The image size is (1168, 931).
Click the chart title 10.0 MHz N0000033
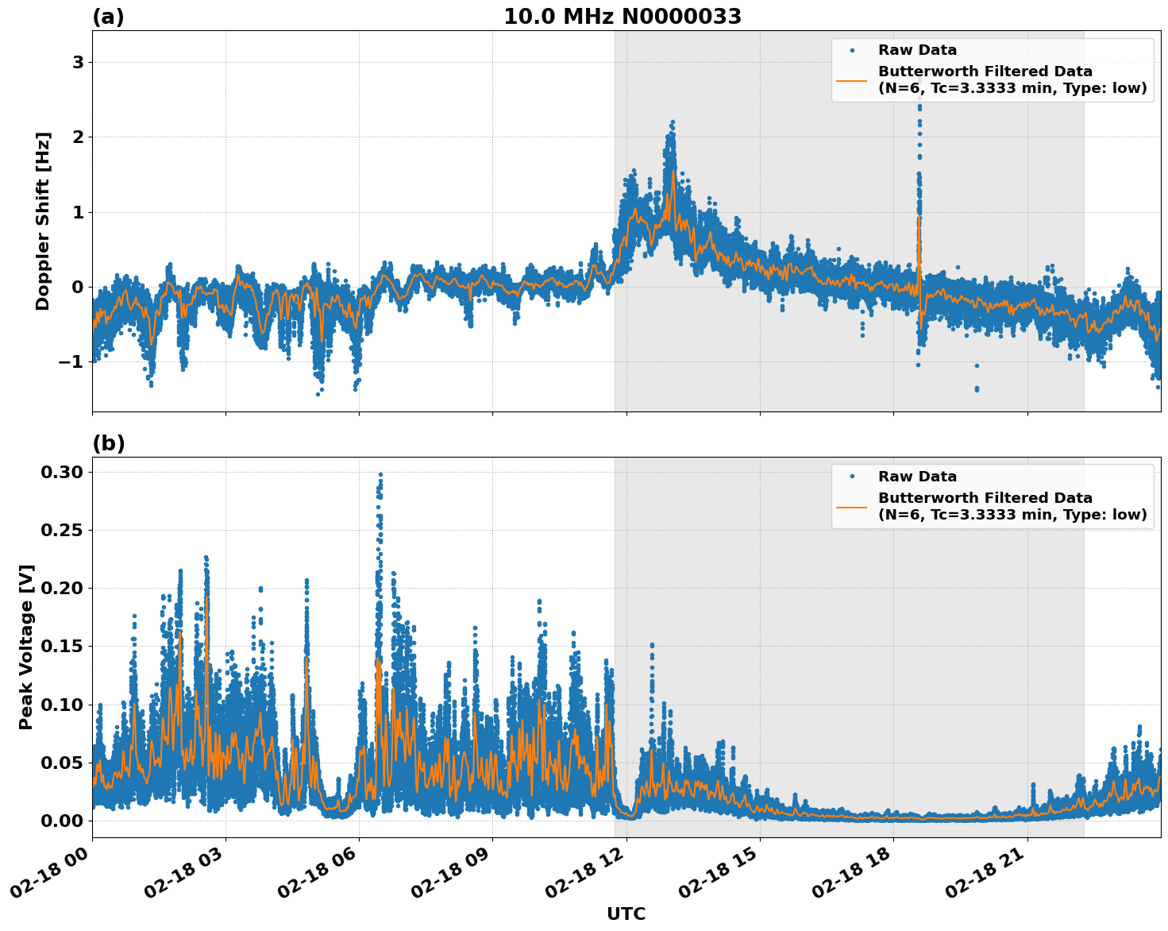tap(622, 17)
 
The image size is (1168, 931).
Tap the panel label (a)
tap(108, 17)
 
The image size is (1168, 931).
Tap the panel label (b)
tap(108, 443)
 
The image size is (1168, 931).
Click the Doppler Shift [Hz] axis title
tap(43, 221)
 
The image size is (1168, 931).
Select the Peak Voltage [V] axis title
tap(26, 647)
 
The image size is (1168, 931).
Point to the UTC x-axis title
tap(626, 914)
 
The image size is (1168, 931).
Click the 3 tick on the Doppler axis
tap(78, 63)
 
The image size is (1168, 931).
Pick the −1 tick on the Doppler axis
tap(72, 362)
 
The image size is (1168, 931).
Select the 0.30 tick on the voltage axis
tap(61, 473)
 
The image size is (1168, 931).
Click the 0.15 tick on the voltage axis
tap(61, 647)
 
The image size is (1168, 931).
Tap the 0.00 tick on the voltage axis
tap(61, 821)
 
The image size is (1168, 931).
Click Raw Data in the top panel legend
tap(917, 50)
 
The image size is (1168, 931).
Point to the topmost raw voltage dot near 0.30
tap(380, 475)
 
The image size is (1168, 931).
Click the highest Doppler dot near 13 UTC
tap(673, 122)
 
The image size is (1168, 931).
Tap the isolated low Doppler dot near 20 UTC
tap(977, 389)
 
